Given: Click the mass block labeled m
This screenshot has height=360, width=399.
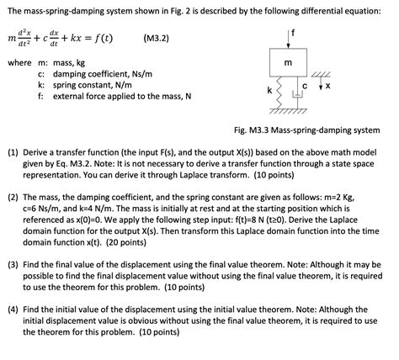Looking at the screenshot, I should [x=288, y=64].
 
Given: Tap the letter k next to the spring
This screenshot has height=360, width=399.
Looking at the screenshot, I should [x=269, y=89].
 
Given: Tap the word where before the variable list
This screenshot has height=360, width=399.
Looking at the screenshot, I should [x=19, y=62].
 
